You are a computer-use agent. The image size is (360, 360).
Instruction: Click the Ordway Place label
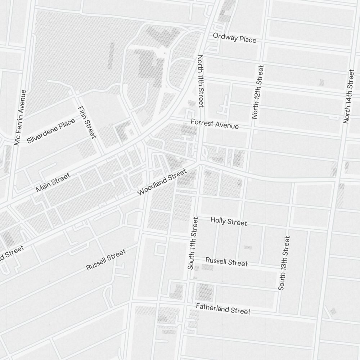click(234, 37)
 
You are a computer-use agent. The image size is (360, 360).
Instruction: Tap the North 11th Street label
click(201, 81)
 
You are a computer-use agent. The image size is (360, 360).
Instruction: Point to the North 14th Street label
click(349, 96)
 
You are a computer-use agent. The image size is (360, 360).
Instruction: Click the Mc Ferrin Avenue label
click(20, 117)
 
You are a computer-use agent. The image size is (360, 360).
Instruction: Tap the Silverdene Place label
click(51, 131)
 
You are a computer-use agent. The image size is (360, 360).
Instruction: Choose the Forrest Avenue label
click(215, 124)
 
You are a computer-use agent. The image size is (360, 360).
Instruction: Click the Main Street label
click(53, 183)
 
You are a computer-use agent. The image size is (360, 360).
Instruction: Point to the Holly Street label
click(229, 221)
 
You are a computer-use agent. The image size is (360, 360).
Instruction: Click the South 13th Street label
click(284, 263)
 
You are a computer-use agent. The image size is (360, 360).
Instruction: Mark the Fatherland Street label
click(223, 309)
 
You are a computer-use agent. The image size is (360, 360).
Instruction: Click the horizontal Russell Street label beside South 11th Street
click(226, 262)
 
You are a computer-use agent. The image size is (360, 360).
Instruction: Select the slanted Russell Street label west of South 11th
click(106, 260)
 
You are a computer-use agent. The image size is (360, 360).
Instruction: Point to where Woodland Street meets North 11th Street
click(199, 162)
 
